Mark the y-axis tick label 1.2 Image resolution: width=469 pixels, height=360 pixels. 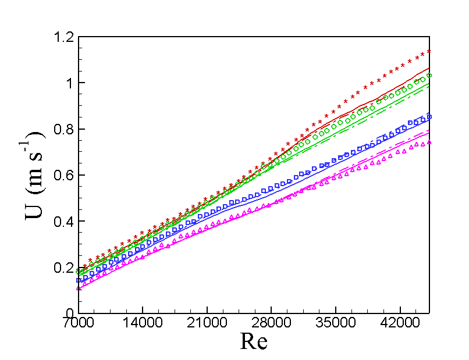(61, 37)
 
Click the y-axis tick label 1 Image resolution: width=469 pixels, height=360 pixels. (67, 83)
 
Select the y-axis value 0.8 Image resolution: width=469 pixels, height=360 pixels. (61, 129)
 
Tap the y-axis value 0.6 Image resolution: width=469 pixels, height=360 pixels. (61, 175)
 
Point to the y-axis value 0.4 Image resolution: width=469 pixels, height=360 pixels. (61, 221)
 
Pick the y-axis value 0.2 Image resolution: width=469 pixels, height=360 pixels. (61, 267)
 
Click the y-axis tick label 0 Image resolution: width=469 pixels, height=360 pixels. (67, 313)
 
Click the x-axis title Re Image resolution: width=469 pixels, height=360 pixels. (254, 341)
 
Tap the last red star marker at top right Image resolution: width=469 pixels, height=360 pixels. (429, 51)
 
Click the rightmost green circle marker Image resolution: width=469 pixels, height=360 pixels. (429, 76)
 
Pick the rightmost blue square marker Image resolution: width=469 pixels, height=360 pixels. (429, 116)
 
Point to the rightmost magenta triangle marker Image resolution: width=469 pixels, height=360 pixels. (429, 142)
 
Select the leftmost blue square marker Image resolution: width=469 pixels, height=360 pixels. (79, 280)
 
